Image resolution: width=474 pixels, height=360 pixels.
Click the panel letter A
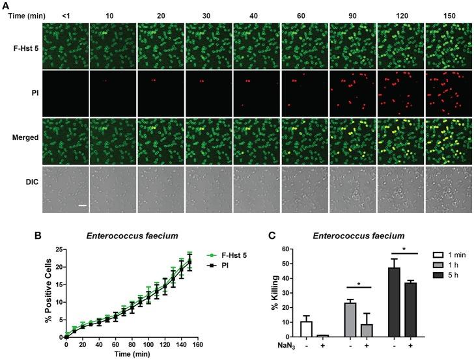tap(5, 5)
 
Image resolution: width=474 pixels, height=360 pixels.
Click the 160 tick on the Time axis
tap(198, 344)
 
